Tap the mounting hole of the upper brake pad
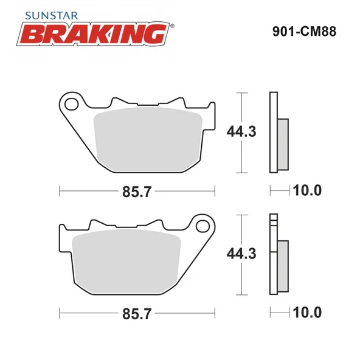(x=72, y=105)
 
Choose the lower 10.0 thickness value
(x=308, y=313)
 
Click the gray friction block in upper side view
(x=283, y=144)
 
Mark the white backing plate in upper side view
(x=273, y=132)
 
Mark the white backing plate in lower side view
(x=273, y=255)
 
